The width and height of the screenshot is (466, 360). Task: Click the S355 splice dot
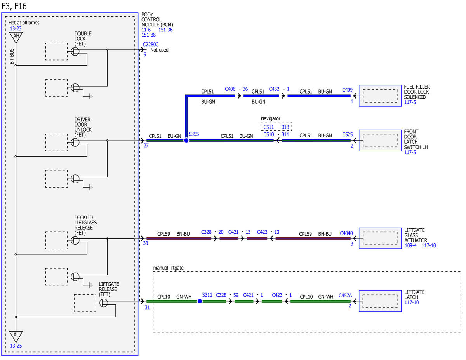click(186, 141)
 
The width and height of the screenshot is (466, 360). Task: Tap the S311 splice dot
click(200, 301)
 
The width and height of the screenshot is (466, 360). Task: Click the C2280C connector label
click(151, 44)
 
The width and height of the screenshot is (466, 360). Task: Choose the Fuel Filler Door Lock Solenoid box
click(380, 96)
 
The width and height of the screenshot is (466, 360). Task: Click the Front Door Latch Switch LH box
click(380, 141)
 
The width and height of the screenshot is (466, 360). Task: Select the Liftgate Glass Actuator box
click(380, 238)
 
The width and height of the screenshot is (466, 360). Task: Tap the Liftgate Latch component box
click(380, 301)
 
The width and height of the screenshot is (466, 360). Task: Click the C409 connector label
click(347, 90)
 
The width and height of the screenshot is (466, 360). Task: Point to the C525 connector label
click(347, 134)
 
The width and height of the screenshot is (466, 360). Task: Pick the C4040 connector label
click(346, 233)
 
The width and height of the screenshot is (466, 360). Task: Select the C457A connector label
click(345, 296)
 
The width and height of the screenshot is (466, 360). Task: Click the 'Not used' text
click(159, 50)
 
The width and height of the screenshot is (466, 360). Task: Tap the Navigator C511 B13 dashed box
click(276, 127)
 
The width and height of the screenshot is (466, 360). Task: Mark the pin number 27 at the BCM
click(146, 146)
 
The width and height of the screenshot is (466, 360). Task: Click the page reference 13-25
click(16, 346)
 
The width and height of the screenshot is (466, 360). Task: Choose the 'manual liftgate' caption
click(169, 268)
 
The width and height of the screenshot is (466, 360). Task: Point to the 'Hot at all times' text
click(24, 23)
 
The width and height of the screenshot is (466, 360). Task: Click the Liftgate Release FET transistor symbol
click(104, 303)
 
